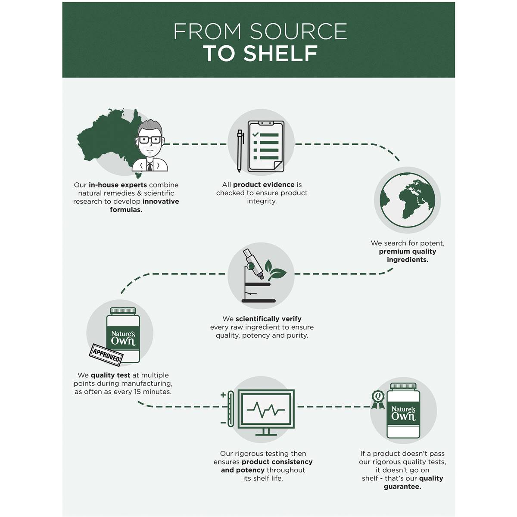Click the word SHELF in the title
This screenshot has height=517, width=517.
[280, 53]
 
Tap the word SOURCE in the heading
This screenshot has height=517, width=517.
[298, 31]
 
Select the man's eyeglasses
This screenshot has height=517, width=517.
[149, 140]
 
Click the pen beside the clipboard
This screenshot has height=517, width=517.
[240, 151]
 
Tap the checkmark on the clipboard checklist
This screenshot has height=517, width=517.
[255, 134]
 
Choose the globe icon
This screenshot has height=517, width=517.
[407, 200]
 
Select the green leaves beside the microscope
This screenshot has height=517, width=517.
[275, 270]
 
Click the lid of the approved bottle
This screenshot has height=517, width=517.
[123, 311]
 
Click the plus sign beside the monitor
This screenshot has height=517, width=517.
[223, 395]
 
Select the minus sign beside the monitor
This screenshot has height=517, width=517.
[223, 423]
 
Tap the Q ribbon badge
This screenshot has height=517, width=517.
[378, 399]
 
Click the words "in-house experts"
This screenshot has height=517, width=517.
[118, 185]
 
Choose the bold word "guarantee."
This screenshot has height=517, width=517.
[402, 486]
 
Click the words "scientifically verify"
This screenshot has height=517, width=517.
[268, 319]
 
